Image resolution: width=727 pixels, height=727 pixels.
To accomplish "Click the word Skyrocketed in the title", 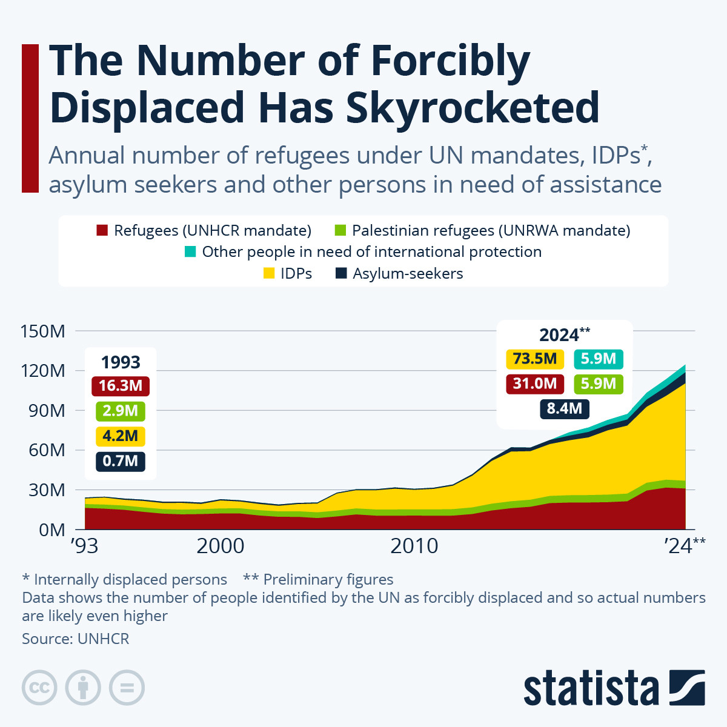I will (473, 108).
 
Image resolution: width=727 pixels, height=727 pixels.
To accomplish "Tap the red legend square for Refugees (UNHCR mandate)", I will (102, 230).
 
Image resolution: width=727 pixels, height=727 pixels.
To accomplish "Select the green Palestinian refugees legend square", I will (340, 230).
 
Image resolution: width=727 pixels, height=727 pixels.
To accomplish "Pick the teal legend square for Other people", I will (190, 251).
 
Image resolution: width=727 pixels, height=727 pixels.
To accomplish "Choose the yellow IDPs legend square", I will (268, 273).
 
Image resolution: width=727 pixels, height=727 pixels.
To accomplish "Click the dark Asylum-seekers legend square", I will (341, 273).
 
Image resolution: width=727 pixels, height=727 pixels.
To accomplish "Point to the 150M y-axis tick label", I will (43, 331).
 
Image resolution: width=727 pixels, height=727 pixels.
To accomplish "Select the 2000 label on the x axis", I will (220, 546).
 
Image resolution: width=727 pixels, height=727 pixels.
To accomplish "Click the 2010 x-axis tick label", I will (414, 546).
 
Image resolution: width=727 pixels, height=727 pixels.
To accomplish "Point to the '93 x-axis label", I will (84, 546).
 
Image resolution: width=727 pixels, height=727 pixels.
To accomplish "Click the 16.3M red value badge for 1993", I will (121, 386).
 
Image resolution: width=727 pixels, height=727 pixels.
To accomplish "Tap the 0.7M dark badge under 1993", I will (120, 461).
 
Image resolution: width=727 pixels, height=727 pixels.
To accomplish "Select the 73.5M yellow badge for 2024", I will (534, 359).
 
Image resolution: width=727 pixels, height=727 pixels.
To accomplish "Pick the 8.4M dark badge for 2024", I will (564, 408).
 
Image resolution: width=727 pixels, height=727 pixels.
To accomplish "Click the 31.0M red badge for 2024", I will (534, 383).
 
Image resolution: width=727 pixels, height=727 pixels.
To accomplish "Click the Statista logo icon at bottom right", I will (686, 688).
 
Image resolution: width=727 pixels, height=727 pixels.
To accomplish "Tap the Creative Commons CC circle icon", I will (39, 688).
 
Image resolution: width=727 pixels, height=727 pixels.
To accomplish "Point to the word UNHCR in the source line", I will (103, 639).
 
